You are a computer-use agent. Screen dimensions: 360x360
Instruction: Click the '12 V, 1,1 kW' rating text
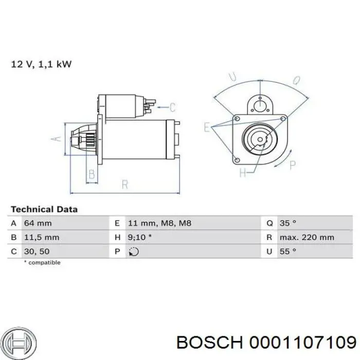tap(41, 64)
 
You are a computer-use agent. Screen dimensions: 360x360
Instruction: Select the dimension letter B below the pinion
tap(92, 175)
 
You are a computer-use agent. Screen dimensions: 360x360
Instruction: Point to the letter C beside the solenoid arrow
tap(172, 107)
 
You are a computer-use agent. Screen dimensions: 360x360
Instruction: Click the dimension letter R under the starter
tap(124, 184)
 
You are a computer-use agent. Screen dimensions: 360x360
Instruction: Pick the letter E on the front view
tap(207, 127)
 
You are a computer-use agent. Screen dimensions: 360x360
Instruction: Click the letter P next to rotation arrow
tap(293, 165)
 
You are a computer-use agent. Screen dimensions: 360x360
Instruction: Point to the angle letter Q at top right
tap(297, 80)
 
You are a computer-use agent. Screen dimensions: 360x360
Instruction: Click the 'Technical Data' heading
tap(44, 209)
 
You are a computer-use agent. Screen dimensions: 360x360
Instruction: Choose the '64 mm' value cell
tap(38, 223)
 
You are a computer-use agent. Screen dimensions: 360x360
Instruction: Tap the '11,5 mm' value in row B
tap(41, 238)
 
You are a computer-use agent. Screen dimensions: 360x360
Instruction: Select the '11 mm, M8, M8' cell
tap(159, 223)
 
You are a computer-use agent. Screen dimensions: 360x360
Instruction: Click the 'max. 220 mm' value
tap(307, 238)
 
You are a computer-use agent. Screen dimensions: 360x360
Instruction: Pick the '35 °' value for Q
tap(287, 223)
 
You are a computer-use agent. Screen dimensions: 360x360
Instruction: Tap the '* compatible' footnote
tap(42, 262)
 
